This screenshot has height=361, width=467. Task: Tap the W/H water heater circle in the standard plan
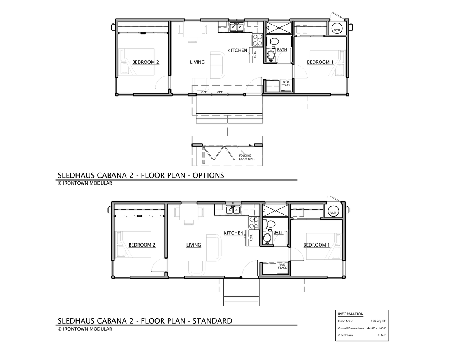[333, 212]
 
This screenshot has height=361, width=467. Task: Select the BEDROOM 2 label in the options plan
[146, 62]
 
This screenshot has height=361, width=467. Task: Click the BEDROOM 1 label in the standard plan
[316, 245]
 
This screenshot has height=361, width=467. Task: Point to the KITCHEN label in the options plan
[237, 50]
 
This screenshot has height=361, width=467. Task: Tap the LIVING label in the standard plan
[194, 245]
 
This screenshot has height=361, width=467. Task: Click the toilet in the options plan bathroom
[272, 41]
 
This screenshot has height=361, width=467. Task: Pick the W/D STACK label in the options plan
[286, 83]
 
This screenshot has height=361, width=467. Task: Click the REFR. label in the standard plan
[251, 238]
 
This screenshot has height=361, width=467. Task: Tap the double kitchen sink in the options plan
[236, 27]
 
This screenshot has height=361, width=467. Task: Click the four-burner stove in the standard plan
[253, 223]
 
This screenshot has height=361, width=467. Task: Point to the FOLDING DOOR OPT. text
[246, 157]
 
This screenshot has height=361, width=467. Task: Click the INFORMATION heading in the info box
[351, 314]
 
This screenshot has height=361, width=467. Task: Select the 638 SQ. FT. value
[378, 321]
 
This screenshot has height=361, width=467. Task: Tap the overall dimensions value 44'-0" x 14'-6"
[377, 328]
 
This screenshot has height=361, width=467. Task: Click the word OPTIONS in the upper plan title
[208, 176]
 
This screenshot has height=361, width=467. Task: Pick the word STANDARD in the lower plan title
[212, 321]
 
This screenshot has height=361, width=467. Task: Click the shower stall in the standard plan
[275, 210]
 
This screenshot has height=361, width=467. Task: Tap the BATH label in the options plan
[282, 50]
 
